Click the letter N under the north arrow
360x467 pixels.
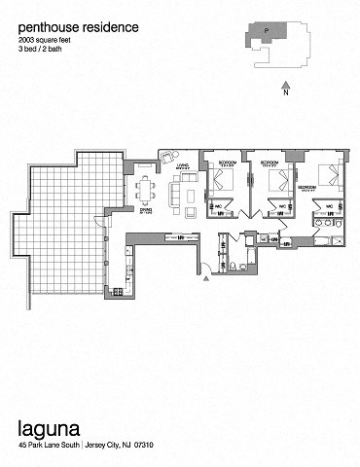click(x=286, y=95)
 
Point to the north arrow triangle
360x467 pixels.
click(x=286, y=85)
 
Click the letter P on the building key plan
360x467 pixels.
click(x=265, y=31)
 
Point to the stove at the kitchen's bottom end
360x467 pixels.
click(x=117, y=291)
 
